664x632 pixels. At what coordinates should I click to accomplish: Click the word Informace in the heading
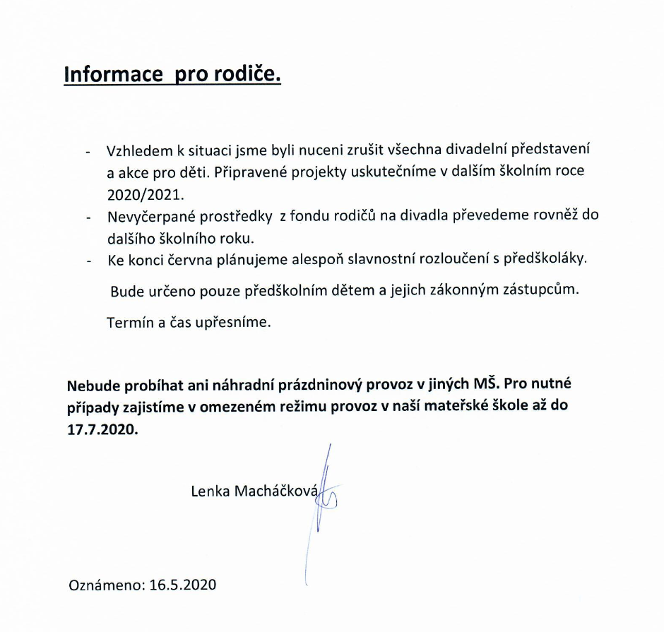coord(114,75)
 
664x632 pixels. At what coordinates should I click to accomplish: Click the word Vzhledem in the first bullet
coord(136,151)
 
